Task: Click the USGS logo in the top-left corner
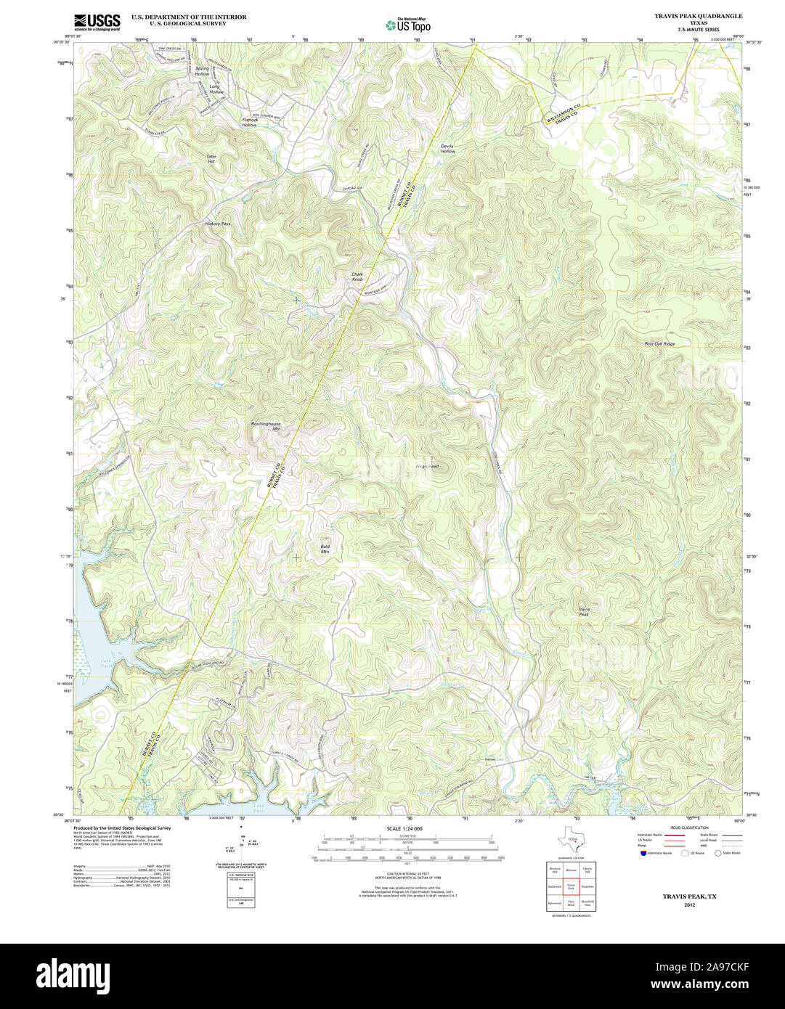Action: click(x=97, y=22)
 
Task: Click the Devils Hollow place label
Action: click(x=447, y=149)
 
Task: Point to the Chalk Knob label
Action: click(x=357, y=277)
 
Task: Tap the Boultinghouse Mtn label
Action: click(x=266, y=426)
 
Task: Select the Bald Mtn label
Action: click(x=325, y=549)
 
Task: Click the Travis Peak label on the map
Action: click(x=583, y=611)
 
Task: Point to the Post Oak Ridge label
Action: click(x=659, y=344)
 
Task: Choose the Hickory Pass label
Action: click(x=217, y=224)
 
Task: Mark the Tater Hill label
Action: click(x=211, y=158)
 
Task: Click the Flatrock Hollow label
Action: click(x=249, y=123)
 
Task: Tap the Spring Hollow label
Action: click(x=202, y=71)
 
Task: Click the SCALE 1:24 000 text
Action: click(x=404, y=828)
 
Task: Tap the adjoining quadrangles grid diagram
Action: click(x=571, y=886)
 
